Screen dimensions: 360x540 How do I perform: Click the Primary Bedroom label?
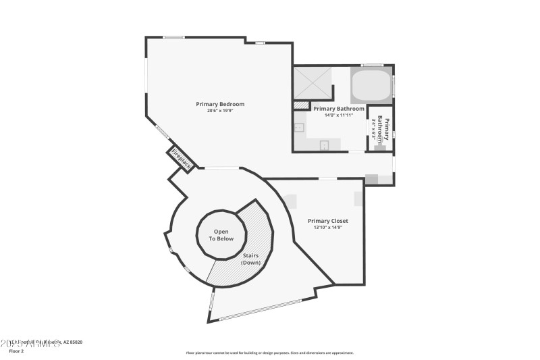[220, 104]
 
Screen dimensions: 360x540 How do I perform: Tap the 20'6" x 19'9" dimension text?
[220, 111]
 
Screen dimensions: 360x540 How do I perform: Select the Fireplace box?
[181, 158]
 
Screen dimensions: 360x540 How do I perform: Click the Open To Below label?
[221, 235]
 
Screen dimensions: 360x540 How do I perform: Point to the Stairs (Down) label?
[250, 259]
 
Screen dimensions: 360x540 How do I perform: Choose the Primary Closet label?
[328, 221]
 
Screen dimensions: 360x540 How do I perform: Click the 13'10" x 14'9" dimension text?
[328, 228]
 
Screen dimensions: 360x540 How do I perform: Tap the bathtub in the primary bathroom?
[371, 86]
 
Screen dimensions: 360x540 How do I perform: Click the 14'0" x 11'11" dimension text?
[339, 115]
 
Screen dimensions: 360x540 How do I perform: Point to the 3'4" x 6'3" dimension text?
[374, 127]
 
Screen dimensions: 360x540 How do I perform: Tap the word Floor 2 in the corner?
[16, 351]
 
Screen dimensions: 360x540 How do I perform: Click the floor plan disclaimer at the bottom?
[269, 353]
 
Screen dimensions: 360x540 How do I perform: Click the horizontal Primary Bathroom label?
[339, 108]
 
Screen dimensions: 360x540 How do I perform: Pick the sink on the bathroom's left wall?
[298, 126]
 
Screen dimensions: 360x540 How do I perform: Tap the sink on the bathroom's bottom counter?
[324, 145]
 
